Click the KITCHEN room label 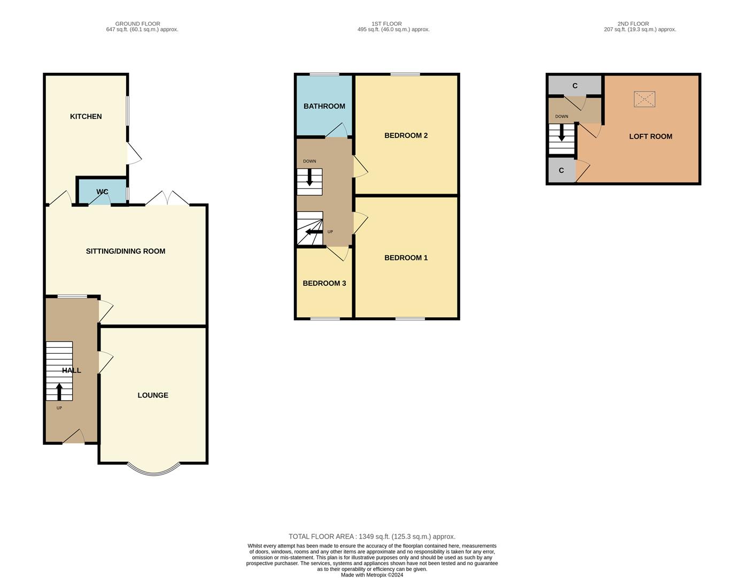(86, 116)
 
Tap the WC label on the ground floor (102, 192)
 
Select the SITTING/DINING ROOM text (126, 251)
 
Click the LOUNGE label (153, 395)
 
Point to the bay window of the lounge (153, 470)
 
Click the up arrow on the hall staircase (59, 391)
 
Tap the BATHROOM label (324, 106)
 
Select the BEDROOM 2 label (406, 135)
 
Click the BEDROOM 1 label (406, 257)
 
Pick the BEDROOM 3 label (324, 283)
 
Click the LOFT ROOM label (650, 136)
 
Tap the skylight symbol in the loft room (644, 99)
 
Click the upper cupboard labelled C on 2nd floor (575, 86)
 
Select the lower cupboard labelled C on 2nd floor (561, 170)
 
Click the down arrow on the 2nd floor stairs (561, 133)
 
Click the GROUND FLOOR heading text (137, 24)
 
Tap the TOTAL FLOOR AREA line (372, 536)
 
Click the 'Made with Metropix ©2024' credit (372, 575)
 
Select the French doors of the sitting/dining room (167, 199)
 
